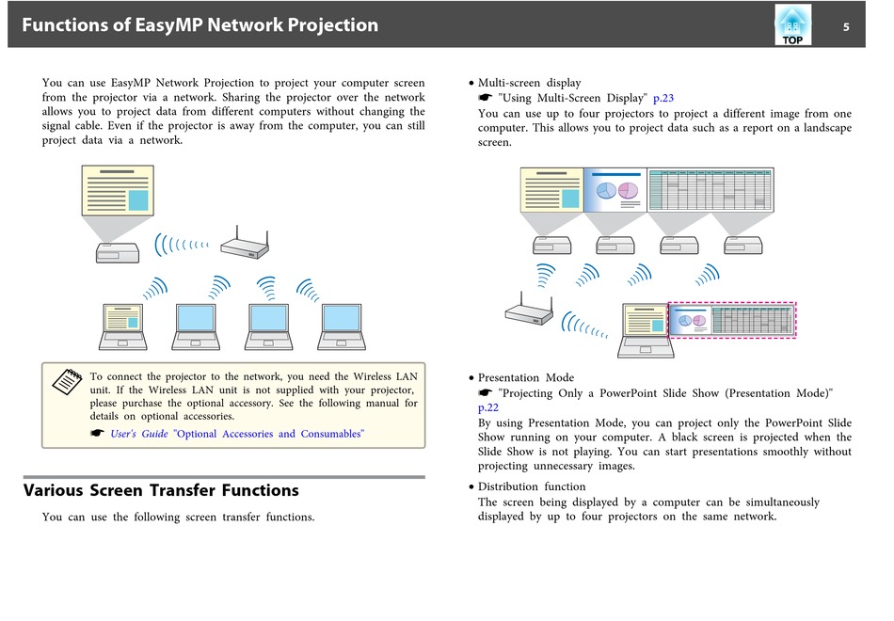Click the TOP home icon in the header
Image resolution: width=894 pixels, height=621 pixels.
(x=792, y=25)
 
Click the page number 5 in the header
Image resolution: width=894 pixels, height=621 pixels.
(x=846, y=26)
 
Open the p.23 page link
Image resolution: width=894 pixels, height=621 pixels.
(x=663, y=98)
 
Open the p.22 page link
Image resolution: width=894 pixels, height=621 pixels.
(x=488, y=407)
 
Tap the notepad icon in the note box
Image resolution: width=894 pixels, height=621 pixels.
(x=67, y=381)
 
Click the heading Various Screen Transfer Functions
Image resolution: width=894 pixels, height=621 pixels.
(x=161, y=490)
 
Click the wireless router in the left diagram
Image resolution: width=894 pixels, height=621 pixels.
(x=245, y=243)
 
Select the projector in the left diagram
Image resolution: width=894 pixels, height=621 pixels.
(x=118, y=252)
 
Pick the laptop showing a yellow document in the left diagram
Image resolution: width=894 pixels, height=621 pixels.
(x=122, y=326)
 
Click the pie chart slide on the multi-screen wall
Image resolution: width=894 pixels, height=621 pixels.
(x=615, y=190)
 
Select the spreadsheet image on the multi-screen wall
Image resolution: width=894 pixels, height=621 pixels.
(x=710, y=190)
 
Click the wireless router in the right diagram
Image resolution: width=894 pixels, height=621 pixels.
(x=529, y=309)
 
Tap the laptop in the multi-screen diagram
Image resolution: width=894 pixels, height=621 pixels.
(x=646, y=331)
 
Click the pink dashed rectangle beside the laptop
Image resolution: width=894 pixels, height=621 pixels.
(x=731, y=303)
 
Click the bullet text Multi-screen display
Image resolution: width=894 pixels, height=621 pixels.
(x=529, y=83)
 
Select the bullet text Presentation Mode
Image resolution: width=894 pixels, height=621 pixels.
(x=526, y=377)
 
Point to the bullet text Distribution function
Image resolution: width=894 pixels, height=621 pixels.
(x=532, y=486)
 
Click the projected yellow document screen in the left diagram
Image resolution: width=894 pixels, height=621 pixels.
(x=118, y=190)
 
